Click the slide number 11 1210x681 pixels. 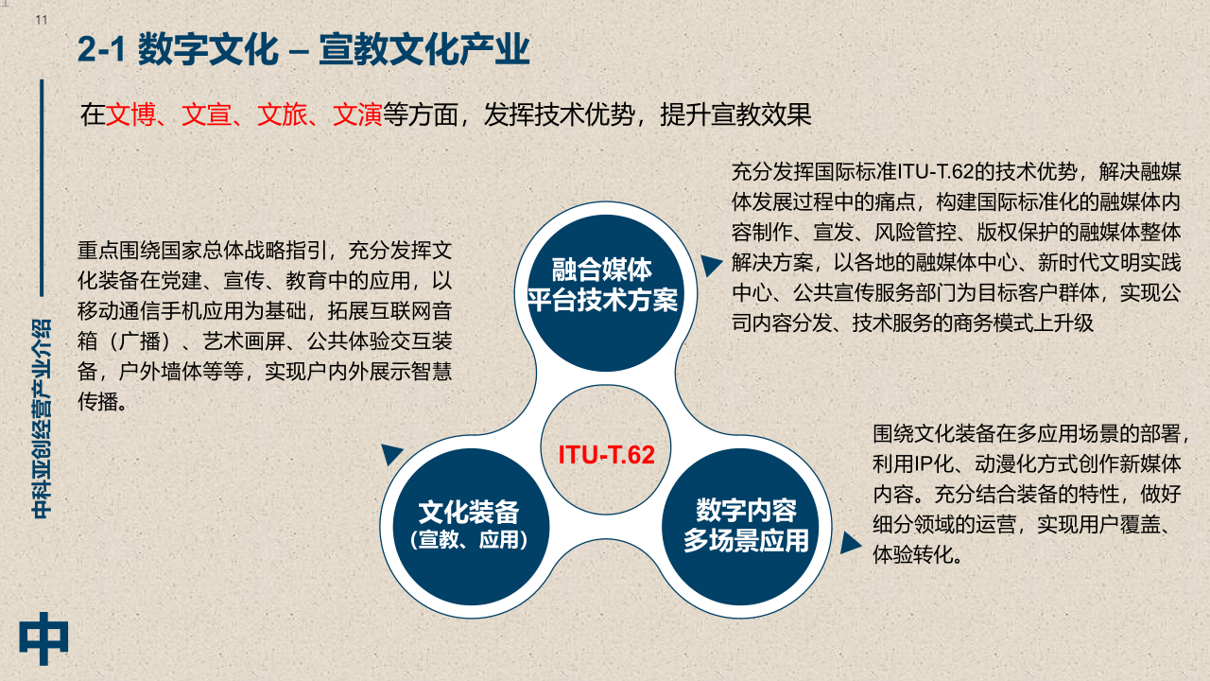coord(42,21)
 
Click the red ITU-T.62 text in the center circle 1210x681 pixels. coord(606,455)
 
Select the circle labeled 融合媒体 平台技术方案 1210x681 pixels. coord(606,293)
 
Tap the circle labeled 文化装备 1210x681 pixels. coord(471,527)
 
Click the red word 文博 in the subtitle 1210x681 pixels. coord(130,114)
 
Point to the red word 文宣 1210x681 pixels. coord(206,114)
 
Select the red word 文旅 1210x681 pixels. coord(282,114)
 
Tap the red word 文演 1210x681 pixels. coord(357,114)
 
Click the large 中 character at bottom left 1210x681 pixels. coord(43,638)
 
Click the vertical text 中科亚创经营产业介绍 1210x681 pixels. coord(42,419)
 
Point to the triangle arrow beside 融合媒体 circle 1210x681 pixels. coord(711,265)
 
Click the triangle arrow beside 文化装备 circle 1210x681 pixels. coord(392,454)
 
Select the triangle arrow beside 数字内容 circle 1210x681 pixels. coord(850,543)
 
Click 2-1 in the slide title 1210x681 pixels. coord(101,49)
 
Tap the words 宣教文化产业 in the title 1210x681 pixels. coord(424,49)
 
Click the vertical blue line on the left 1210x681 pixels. coord(42,188)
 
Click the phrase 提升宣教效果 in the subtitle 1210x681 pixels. coord(735,114)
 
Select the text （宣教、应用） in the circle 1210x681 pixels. coord(469,539)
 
